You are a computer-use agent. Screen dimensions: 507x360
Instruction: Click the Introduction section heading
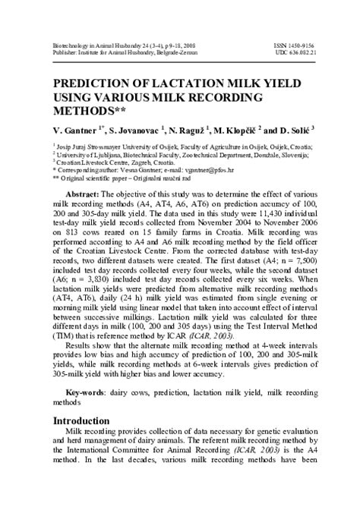click(87, 420)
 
